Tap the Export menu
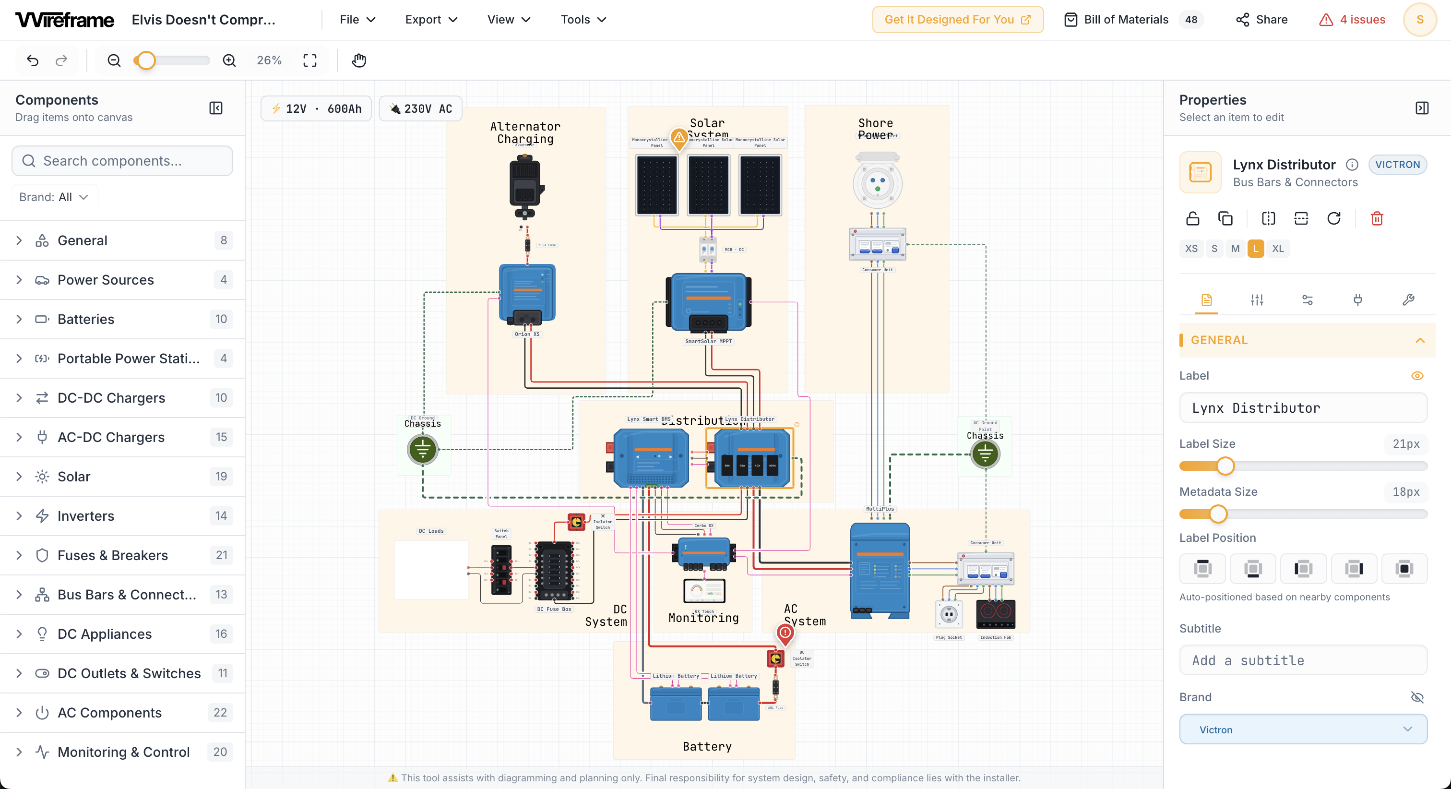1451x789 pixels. [x=431, y=20]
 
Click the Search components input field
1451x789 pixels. [x=122, y=161]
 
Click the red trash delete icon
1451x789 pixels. [x=1377, y=219]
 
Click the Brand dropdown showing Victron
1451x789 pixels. [x=1303, y=729]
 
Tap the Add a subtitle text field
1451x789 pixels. [x=1303, y=660]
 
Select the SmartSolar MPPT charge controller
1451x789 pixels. [x=708, y=303]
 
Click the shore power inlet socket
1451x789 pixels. [x=877, y=183]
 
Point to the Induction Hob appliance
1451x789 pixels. [x=995, y=614]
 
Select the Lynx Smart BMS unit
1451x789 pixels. [x=651, y=458]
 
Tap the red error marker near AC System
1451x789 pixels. [x=785, y=633]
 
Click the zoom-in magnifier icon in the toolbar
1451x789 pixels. [x=229, y=60]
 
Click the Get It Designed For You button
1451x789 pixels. [x=958, y=20]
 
